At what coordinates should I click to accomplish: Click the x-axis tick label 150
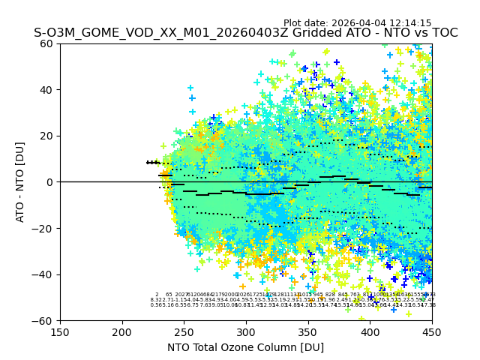[x=60, y=331]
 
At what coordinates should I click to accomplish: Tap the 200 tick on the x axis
[x=122, y=331]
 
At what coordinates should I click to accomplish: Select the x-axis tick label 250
[x=184, y=331]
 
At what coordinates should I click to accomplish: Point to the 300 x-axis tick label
[x=246, y=331]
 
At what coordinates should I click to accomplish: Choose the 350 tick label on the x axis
[x=308, y=331]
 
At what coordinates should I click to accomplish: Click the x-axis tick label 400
[x=370, y=331]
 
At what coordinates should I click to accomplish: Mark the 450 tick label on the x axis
[x=432, y=331]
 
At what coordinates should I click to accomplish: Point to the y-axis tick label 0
[x=51, y=182]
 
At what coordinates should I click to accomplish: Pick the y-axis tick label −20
[x=45, y=228]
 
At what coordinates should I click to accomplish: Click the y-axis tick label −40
[x=45, y=274]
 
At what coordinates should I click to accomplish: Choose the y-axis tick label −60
[x=45, y=320]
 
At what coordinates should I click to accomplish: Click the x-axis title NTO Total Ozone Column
[x=246, y=347]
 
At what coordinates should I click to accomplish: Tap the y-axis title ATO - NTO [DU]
[x=21, y=182]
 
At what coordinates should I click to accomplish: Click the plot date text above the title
[x=358, y=23]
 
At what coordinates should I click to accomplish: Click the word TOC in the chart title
[x=443, y=33]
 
